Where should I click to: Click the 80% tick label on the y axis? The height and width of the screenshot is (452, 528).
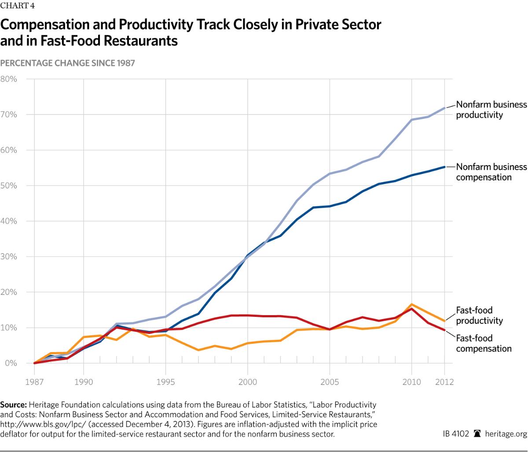8,79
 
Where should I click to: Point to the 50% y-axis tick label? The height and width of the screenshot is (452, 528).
8,186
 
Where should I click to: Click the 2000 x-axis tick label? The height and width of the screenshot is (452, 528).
247,381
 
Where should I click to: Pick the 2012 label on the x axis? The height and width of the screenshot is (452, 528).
444,381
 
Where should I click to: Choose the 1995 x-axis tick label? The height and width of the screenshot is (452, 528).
165,381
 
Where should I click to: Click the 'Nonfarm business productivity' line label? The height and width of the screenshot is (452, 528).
491,110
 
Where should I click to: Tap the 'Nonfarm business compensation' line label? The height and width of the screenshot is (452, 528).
491,172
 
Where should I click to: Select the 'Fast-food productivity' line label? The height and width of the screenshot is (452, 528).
479,315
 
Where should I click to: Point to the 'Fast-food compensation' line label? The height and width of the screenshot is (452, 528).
484,343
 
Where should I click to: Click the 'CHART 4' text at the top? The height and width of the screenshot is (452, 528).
17,6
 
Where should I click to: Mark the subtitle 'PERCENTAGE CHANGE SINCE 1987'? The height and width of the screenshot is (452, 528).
67,63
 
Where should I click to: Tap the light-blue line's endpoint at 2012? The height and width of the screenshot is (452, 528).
444,107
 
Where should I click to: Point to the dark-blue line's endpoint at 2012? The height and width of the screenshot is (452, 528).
444,167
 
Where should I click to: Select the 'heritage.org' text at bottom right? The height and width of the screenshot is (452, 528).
505,434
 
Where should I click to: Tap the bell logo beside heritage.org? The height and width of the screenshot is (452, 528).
477,434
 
